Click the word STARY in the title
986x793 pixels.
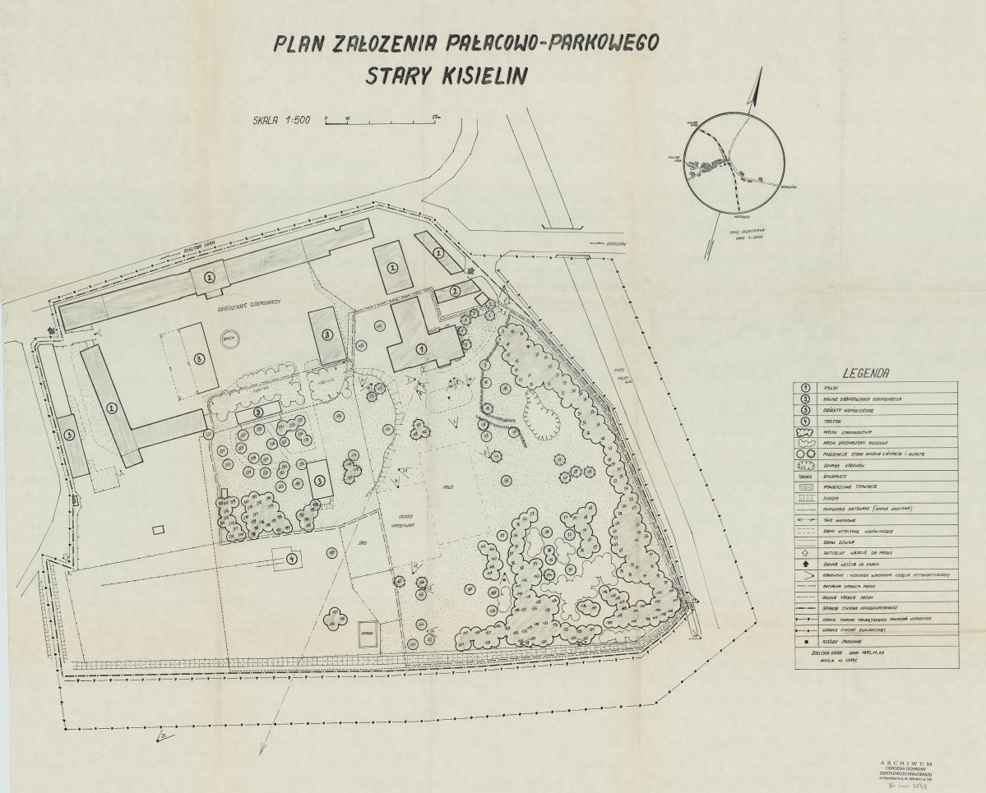pos(397,77)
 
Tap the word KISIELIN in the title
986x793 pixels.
pos(478,77)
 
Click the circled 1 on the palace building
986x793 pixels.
pos(420,348)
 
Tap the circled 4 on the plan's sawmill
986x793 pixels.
pos(291,559)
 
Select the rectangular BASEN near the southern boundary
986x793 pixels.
pos(367,633)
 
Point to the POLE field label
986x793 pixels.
pos(447,463)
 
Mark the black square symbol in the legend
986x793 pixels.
pos(808,638)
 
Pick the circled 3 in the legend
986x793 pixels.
pos(808,409)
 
